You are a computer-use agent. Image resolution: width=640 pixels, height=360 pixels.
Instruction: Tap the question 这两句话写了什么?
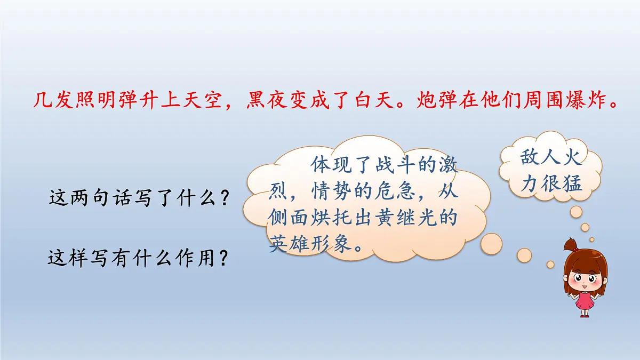[x=140, y=198]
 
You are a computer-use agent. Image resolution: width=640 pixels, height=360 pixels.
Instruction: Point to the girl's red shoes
[x=585, y=315]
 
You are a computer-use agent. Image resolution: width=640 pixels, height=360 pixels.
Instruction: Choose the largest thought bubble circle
[x=491, y=243]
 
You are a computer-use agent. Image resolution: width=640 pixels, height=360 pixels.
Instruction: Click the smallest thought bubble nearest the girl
[x=550, y=264]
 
